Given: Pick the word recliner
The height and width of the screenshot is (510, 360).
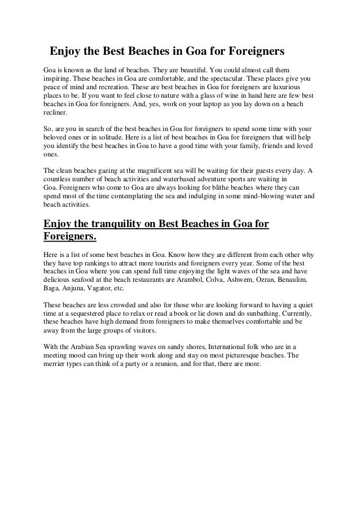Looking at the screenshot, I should pos(56,113).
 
